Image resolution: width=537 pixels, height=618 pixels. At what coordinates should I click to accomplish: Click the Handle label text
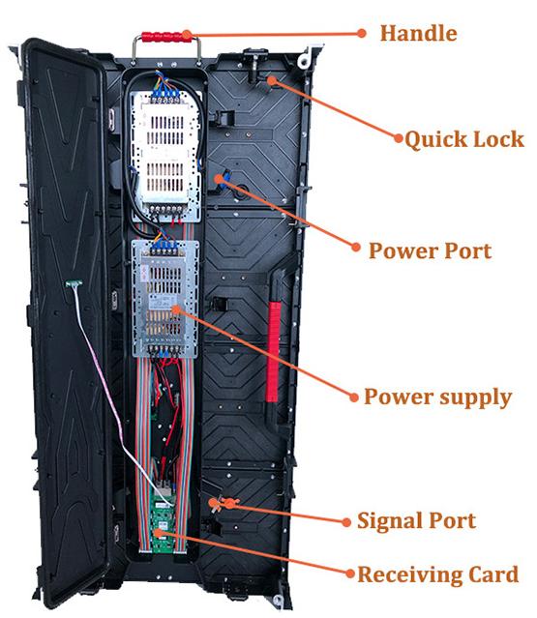point(418,33)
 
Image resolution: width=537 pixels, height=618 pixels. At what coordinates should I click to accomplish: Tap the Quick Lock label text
point(464,140)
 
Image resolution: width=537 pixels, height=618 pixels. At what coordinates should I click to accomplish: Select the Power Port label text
point(430,250)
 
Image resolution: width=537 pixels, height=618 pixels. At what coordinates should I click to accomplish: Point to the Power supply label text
point(437,397)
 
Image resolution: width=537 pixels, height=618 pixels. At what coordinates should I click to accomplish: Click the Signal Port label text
point(416,520)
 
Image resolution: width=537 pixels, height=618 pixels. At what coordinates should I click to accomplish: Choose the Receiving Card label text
point(437,574)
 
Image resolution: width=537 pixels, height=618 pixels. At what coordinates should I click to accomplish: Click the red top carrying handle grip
point(167,37)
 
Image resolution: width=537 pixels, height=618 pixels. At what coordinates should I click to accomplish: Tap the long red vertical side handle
point(273,352)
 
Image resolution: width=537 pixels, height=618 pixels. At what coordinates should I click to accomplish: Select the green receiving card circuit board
point(163,525)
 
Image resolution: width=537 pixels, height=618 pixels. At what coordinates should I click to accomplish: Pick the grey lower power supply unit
point(164,299)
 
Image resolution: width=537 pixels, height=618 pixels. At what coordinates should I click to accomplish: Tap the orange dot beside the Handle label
point(362,33)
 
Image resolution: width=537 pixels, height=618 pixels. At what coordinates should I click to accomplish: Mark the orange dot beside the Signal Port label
point(346,522)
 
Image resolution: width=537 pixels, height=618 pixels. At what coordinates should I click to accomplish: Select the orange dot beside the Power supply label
point(354,397)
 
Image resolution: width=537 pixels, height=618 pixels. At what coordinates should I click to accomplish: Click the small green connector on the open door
point(75,283)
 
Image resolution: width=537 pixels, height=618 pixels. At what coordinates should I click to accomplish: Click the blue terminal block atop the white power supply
point(165,95)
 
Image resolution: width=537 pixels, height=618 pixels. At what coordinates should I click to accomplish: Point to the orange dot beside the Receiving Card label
point(350,574)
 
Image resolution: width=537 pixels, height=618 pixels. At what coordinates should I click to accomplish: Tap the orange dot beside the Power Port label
point(356,248)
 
